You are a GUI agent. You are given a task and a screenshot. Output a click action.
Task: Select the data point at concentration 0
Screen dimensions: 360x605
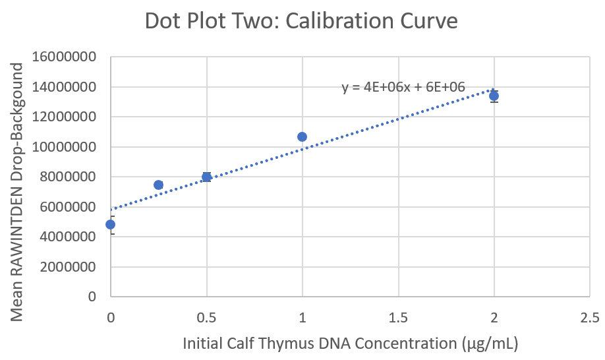pos(111,224)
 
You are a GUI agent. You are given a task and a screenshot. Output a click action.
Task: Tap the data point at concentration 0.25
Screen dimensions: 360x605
pos(158,185)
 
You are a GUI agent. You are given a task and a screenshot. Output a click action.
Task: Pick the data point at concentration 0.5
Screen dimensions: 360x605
pos(206,177)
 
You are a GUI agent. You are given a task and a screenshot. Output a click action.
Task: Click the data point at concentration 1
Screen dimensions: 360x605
pos(302,136)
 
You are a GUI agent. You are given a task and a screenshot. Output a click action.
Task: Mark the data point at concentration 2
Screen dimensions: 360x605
pos(494,96)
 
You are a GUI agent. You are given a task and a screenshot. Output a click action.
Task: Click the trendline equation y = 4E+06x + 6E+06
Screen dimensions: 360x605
pos(403,87)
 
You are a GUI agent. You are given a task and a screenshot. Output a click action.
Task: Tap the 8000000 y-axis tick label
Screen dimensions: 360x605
pos(68,177)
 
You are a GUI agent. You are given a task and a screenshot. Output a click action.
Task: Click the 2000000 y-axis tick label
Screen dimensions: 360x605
pos(68,267)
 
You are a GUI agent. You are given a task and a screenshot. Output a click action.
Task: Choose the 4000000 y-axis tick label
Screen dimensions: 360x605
pos(68,237)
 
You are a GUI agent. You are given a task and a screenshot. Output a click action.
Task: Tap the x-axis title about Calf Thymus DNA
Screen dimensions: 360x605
pos(350,343)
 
